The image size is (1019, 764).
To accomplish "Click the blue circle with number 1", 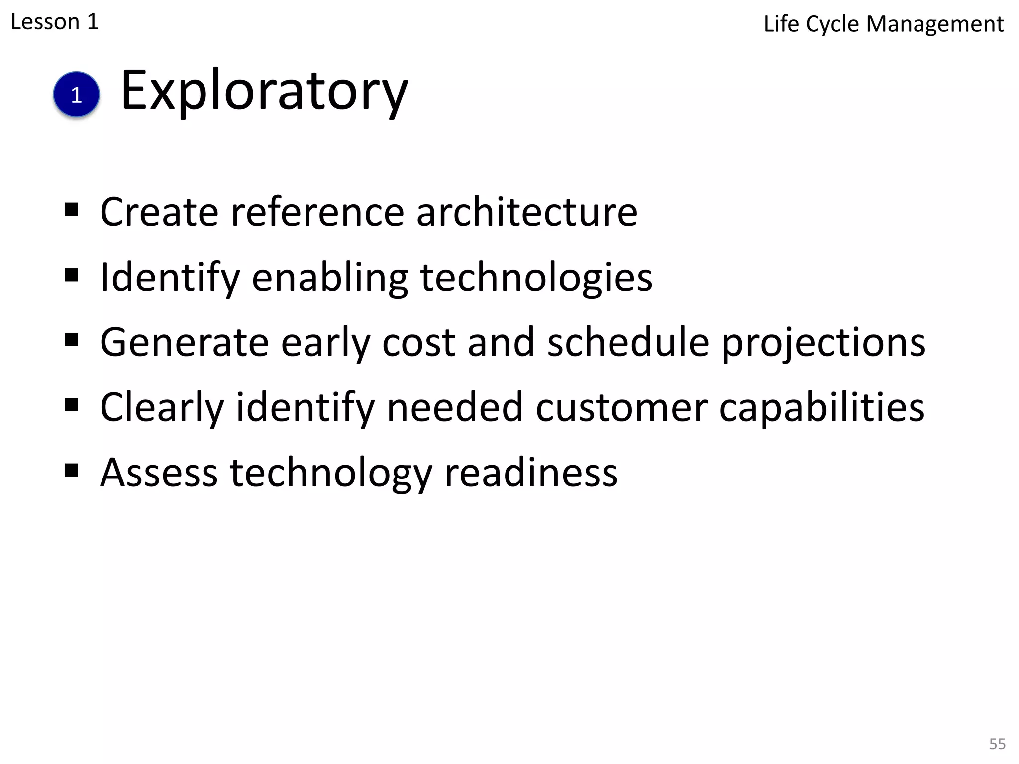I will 76,95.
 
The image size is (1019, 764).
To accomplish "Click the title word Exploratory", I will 264,92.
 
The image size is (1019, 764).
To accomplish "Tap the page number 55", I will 997,744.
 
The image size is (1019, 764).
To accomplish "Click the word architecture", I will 526,212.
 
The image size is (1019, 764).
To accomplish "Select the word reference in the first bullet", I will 317,212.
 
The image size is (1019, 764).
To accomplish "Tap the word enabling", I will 330,278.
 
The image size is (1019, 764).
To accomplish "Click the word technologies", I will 536,278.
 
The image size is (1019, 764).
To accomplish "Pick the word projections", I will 823,343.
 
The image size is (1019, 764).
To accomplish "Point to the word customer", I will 621,408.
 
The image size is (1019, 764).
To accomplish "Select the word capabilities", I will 821,408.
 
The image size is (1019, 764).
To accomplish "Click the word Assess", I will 159,473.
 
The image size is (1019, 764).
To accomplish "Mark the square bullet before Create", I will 72,209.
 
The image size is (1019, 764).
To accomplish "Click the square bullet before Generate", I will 72,340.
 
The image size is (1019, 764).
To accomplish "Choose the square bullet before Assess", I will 72,470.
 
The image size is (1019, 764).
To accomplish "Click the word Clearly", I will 162,408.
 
